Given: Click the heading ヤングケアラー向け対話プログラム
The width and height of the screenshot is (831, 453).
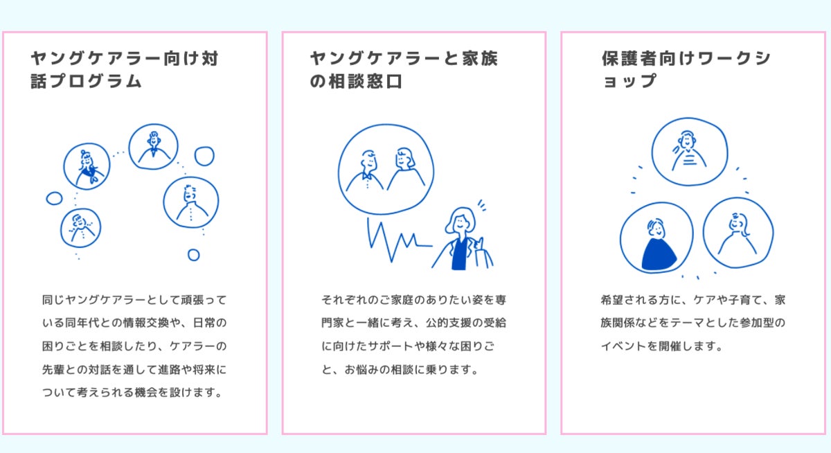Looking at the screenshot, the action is pyautogui.click(x=125, y=70).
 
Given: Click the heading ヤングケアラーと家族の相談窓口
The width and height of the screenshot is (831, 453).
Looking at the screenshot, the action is pyautogui.click(x=404, y=70).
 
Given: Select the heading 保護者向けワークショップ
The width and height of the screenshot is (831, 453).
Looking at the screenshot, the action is pyautogui.click(x=686, y=70).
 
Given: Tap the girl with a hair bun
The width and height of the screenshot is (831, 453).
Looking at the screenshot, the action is pyautogui.click(x=87, y=166).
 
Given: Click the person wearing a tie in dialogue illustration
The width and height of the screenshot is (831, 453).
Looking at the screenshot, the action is pyautogui.click(x=153, y=146).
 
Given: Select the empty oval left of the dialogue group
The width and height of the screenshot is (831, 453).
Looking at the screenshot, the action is pyautogui.click(x=54, y=199).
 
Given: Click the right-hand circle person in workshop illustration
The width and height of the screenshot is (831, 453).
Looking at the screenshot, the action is pyautogui.click(x=738, y=233).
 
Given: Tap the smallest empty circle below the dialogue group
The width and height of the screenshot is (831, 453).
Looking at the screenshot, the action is pyautogui.click(x=193, y=255).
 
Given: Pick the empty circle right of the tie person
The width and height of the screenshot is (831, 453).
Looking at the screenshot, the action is pyautogui.click(x=204, y=156).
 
